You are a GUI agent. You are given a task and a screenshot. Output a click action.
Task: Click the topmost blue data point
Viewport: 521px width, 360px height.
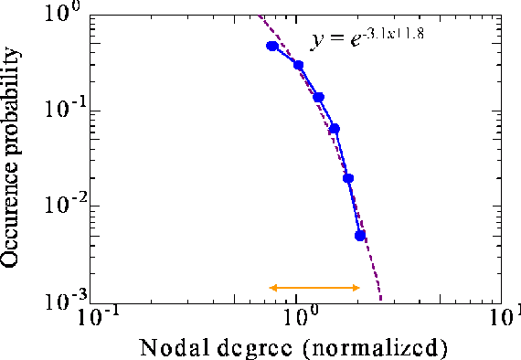coord(271,46)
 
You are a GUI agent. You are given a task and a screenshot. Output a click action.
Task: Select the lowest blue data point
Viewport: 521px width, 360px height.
coord(360,235)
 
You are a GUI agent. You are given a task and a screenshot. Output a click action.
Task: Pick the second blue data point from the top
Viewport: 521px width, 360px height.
coord(298,65)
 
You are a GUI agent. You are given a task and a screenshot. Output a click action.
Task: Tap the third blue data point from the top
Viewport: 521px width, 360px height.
coord(319,97)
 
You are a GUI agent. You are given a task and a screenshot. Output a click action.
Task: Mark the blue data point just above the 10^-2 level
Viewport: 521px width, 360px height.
coord(348,178)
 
